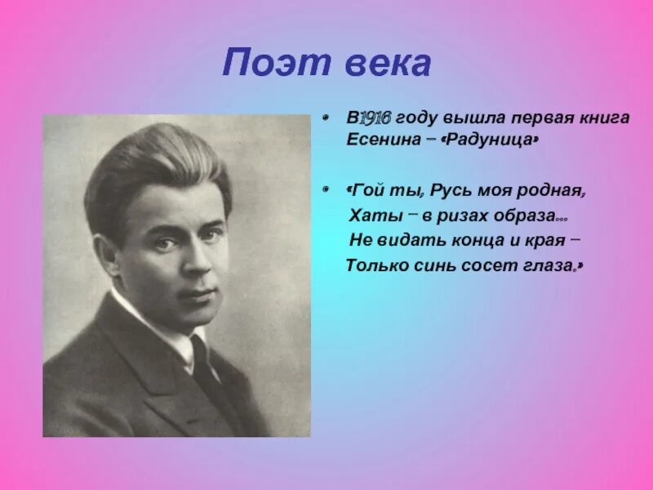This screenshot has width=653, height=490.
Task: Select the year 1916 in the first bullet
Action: (375, 118)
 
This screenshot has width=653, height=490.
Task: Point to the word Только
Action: (375, 265)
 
